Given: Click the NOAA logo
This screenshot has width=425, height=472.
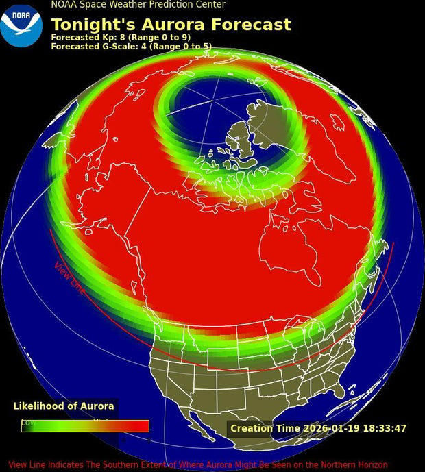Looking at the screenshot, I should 21,25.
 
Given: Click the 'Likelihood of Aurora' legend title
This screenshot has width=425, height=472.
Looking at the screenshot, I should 64,406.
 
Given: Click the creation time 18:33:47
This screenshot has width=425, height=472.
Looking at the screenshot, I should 384,429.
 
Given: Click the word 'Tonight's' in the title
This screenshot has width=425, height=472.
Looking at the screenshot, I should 93,25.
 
